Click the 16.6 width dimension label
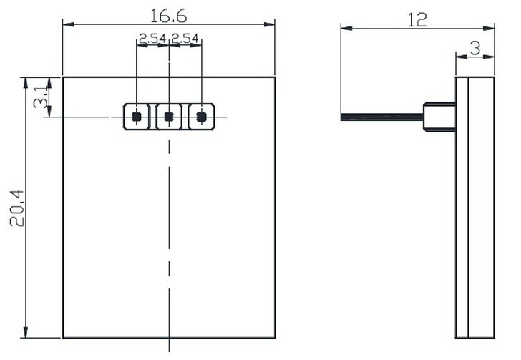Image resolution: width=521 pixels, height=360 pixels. pyautogui.click(x=168, y=16)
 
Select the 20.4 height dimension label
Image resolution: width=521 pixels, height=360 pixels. pyautogui.click(x=17, y=208)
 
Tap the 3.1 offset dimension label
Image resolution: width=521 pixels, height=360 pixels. pyautogui.click(x=41, y=97)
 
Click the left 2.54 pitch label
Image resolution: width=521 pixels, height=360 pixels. pyautogui.click(x=152, y=38)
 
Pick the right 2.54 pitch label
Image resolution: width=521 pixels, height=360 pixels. pyautogui.click(x=185, y=38)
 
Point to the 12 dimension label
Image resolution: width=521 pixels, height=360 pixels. pyautogui.click(x=417, y=19)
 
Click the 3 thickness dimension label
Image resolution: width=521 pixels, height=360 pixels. pyautogui.click(x=475, y=48)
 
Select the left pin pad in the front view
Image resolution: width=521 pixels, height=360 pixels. pyautogui.click(x=137, y=117)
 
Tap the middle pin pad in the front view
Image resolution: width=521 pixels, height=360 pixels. pyautogui.click(x=169, y=117)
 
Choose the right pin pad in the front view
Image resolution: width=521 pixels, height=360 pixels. pyautogui.click(x=201, y=117)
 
